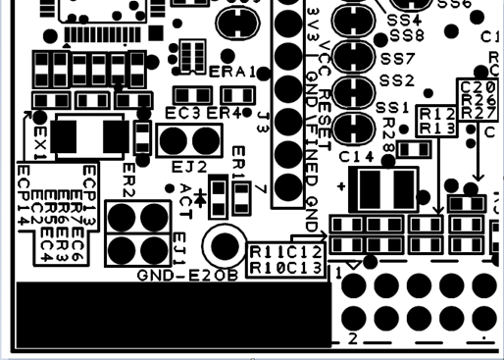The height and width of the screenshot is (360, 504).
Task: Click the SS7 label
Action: pos(398,59)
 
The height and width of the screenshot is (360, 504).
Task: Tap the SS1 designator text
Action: pos(393,106)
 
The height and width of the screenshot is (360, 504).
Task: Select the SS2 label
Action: pos(397,80)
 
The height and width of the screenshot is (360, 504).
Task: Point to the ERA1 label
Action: pos(232,73)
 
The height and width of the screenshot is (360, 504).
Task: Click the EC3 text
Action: pos(182,114)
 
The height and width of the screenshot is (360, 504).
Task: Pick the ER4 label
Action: pos(225,114)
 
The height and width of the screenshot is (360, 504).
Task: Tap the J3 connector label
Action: pos(264,122)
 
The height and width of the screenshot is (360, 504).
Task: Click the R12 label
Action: pos(436,115)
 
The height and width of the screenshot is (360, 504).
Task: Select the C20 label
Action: pos(478,87)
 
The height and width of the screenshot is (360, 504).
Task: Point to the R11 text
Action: pos(262,253)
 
